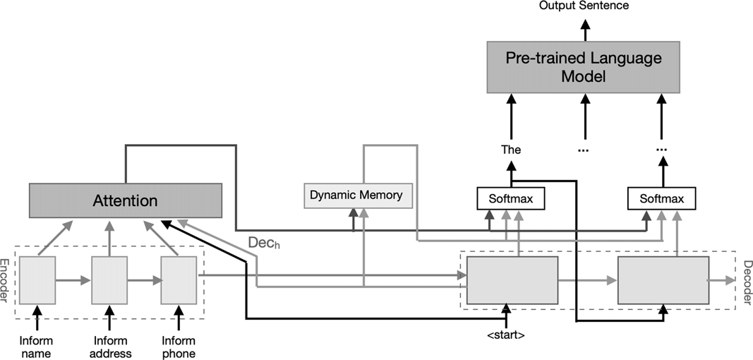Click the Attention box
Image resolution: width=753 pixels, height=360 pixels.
click(126, 200)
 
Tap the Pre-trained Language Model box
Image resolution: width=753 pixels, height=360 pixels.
click(584, 67)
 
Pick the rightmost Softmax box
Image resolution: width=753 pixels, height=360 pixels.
click(661, 198)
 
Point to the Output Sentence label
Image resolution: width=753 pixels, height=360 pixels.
click(584, 6)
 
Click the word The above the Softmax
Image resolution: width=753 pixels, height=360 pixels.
click(511, 150)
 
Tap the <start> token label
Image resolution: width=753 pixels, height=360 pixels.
click(505, 335)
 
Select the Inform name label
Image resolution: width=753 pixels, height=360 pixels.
click(37, 347)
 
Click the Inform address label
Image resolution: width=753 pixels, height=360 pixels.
click(109, 347)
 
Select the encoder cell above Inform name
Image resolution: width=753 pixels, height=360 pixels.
click(37, 280)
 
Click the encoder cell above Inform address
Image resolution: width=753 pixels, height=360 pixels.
click(109, 280)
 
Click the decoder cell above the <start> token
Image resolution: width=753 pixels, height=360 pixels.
click(512, 280)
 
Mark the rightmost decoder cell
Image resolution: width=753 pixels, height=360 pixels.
click(663, 280)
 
